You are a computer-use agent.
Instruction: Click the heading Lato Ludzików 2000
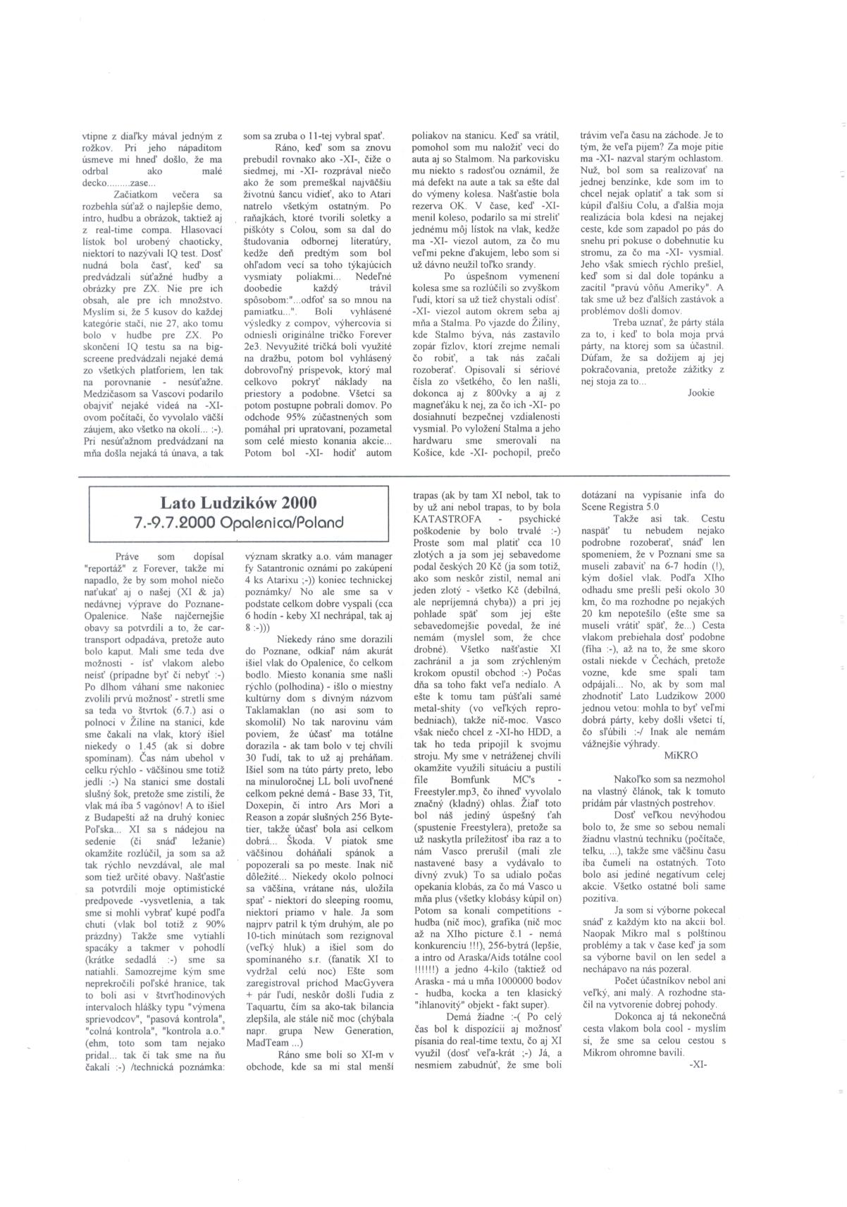238,503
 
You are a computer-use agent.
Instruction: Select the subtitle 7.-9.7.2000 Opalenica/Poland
238,523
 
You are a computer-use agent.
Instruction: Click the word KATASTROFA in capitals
442,520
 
